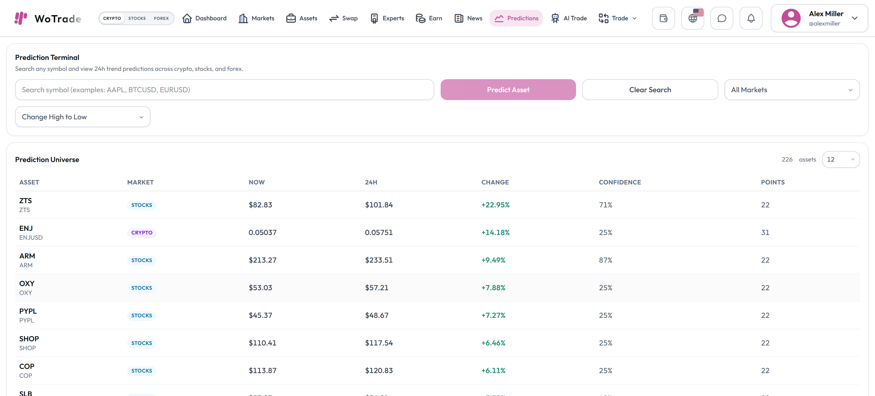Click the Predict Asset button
[508, 90]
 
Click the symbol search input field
[224, 90]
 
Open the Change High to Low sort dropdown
[83, 117]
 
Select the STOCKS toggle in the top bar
[137, 18]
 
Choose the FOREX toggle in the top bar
[161, 18]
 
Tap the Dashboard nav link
[204, 18]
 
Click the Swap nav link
[343, 18]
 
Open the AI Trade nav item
[569, 18]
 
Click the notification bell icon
[751, 18]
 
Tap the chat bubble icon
[722, 18]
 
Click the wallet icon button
[663, 18]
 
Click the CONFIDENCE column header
[620, 182]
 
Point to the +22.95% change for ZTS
[495, 205]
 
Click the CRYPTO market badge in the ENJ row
[142, 232]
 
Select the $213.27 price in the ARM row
[262, 260]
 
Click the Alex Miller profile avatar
[791, 18]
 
